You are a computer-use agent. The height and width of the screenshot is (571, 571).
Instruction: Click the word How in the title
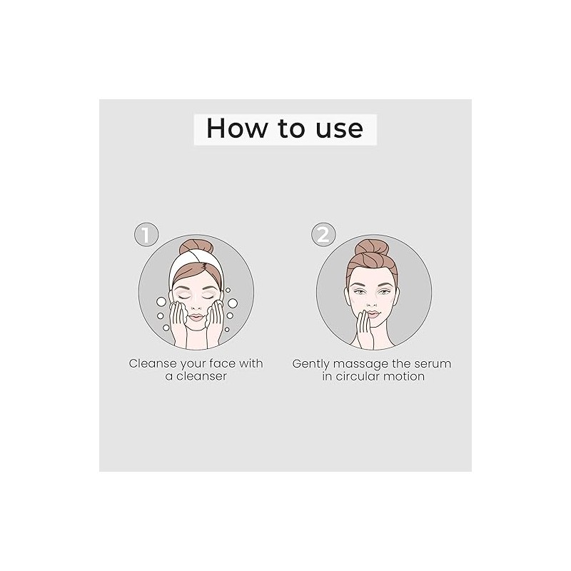point(236,128)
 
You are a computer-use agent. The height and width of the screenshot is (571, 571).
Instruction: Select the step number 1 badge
point(146,235)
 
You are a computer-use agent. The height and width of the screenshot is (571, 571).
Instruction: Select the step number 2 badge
point(323,235)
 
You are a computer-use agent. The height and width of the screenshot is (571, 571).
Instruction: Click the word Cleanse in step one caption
point(153,363)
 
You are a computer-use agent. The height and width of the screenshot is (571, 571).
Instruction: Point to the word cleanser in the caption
point(201,376)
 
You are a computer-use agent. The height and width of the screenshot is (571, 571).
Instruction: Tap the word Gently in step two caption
point(310,364)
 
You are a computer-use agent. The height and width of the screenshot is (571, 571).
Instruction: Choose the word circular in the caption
point(362,376)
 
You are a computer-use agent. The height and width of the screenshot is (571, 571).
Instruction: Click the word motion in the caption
point(408,376)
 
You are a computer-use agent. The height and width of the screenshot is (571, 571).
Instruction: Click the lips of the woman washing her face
point(196,317)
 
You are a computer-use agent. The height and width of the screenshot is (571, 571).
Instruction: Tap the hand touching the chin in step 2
point(365,329)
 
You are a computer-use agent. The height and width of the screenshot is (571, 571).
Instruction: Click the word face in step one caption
point(222,363)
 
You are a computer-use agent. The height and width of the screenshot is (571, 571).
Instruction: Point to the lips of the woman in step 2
point(373,314)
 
